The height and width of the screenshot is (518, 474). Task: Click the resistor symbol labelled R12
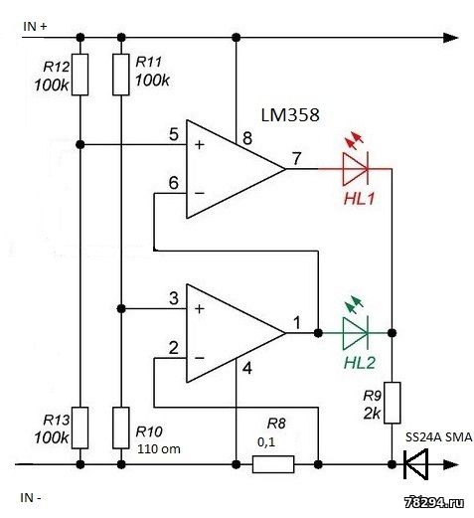(80, 75)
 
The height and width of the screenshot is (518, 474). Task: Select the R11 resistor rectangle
(121, 75)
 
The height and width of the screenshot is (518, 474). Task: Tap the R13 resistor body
(80, 428)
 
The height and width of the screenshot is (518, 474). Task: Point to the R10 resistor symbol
(121, 428)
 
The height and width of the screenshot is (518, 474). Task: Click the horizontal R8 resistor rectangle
(273, 464)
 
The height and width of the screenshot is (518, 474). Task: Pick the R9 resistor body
(392, 403)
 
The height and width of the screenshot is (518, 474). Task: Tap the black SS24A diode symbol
(415, 464)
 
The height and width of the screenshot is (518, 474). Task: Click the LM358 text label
(290, 115)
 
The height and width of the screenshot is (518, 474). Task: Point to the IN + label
(35, 27)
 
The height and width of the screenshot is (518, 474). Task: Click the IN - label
(31, 498)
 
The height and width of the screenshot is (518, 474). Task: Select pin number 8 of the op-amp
(247, 138)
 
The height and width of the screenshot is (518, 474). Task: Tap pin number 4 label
(247, 368)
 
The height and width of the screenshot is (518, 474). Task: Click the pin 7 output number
(296, 158)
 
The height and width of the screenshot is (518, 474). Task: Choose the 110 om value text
(159, 449)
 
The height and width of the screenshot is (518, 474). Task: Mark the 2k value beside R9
(373, 414)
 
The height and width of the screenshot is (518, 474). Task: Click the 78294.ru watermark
(434, 502)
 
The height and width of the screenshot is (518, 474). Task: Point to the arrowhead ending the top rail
(450, 38)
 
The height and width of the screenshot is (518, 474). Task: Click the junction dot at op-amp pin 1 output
(318, 333)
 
